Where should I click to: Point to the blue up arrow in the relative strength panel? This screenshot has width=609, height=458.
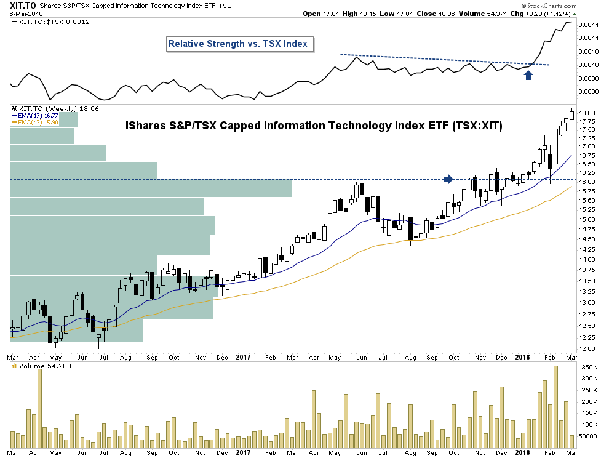[528, 74]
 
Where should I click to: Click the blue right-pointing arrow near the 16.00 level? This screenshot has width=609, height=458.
[448, 179]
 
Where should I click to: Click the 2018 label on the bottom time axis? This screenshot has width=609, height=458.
[522, 356]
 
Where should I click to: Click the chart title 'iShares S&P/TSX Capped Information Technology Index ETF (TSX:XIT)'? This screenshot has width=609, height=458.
[314, 126]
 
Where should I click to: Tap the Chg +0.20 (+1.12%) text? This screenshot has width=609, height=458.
[543, 13]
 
